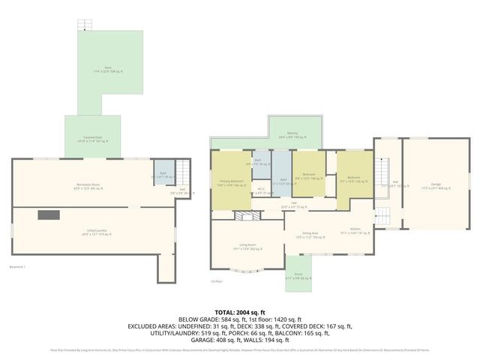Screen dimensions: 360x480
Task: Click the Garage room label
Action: click(x=436, y=184)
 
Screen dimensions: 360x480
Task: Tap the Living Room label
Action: click(x=247, y=246)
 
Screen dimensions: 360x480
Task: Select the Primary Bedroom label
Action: click(x=230, y=182)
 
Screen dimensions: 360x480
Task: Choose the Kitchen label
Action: click(x=355, y=230)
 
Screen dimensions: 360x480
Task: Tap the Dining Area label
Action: click(x=310, y=233)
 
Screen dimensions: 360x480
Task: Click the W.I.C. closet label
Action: click(x=259, y=190)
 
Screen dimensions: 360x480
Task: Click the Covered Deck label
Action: click(x=93, y=139)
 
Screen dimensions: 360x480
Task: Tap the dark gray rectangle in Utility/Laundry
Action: click(x=49, y=215)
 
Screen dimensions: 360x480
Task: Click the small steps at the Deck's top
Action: click(x=82, y=24)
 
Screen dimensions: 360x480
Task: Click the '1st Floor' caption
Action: click(x=216, y=281)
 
